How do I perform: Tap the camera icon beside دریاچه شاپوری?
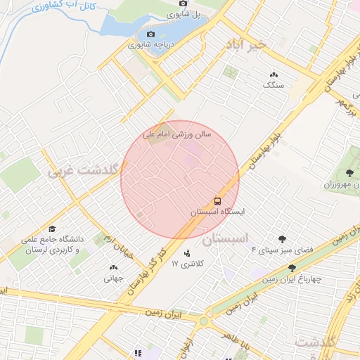tap(150, 34)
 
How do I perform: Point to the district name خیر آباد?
tap(246, 44)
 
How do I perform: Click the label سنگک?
tap(273, 84)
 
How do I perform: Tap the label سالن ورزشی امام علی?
tap(172, 134)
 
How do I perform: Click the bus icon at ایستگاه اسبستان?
tap(218, 200)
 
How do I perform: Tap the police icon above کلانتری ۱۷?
tap(187, 253)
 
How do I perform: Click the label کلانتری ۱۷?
tap(186, 264)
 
